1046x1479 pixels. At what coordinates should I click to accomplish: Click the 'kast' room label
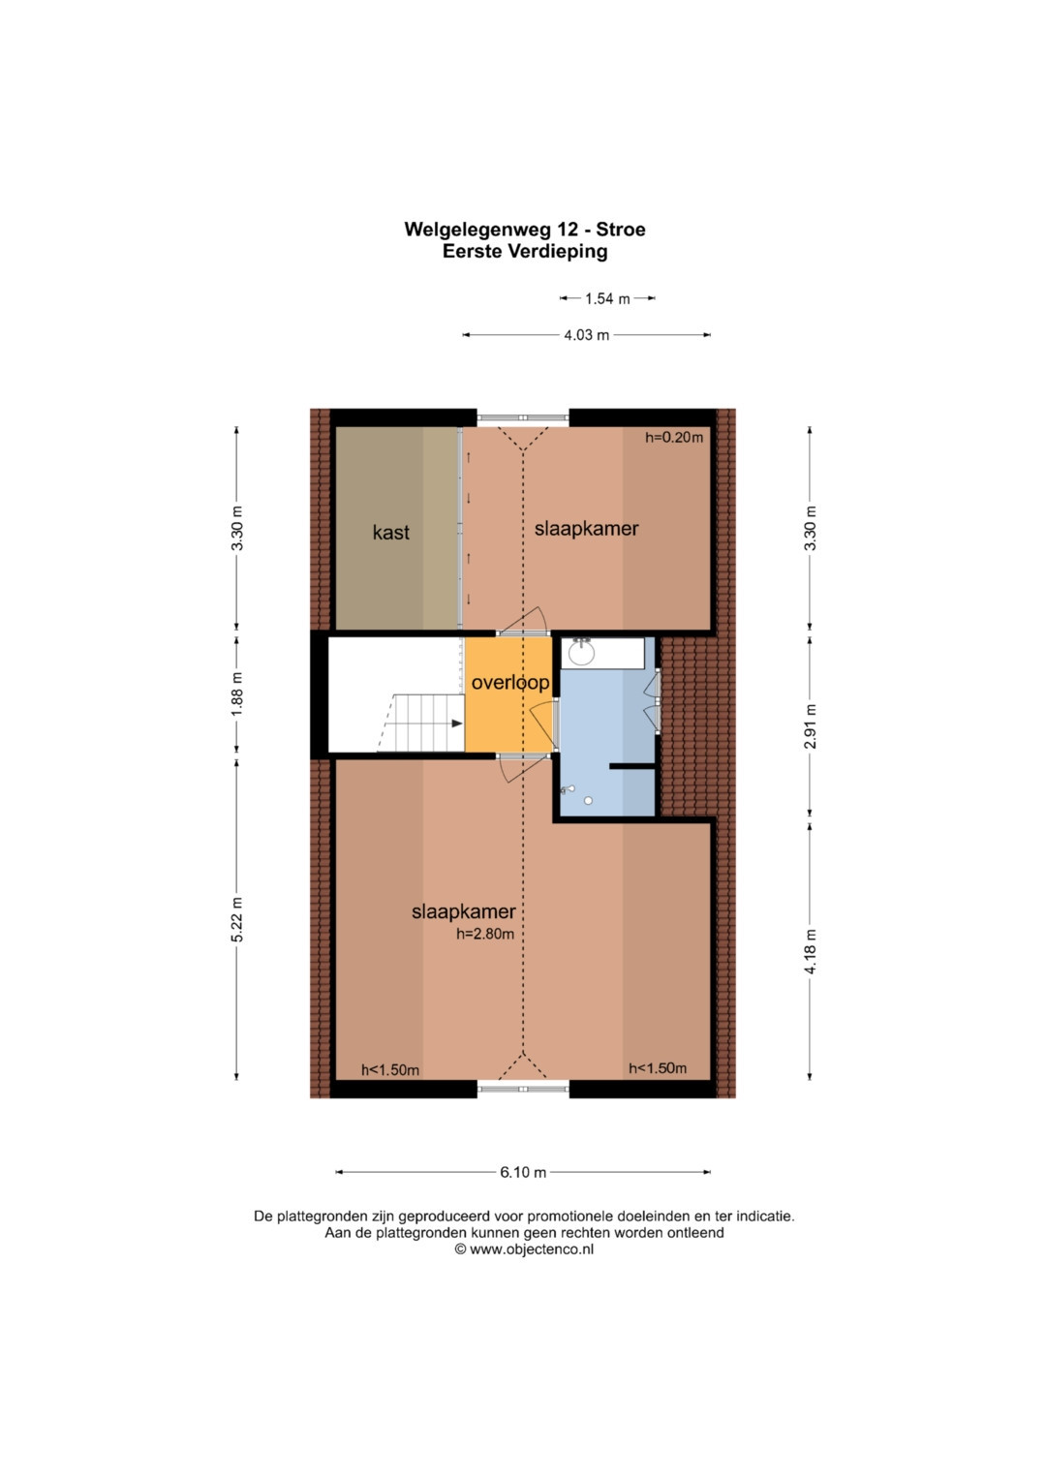(x=391, y=532)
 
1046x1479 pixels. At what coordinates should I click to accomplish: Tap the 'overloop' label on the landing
(x=509, y=682)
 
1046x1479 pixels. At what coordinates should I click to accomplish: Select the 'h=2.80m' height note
(x=484, y=934)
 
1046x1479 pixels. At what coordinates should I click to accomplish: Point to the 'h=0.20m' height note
(x=673, y=437)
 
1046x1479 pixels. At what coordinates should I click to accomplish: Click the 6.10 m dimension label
(x=523, y=1172)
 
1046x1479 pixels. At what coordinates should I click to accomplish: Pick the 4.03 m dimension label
(x=586, y=335)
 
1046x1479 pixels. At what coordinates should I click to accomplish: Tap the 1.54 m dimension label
(x=607, y=298)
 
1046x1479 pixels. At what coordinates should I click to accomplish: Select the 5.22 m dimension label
(x=237, y=920)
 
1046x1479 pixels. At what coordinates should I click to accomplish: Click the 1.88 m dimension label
(x=237, y=693)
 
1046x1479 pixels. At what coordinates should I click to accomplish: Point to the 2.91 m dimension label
(x=811, y=726)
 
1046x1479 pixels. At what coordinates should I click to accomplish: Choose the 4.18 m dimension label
(x=811, y=951)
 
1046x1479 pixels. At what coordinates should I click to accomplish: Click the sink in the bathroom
(x=582, y=653)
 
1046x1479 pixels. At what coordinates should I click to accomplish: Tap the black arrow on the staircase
(x=456, y=724)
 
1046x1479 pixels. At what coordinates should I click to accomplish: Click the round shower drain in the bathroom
(x=588, y=801)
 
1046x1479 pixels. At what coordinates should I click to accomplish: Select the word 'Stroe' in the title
(x=621, y=230)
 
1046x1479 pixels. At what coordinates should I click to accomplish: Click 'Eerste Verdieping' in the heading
(x=525, y=252)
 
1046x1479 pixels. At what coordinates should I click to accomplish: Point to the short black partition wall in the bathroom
(x=631, y=766)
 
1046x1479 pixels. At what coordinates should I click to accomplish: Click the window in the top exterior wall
(x=523, y=417)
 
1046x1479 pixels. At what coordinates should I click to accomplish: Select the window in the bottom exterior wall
(x=523, y=1089)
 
